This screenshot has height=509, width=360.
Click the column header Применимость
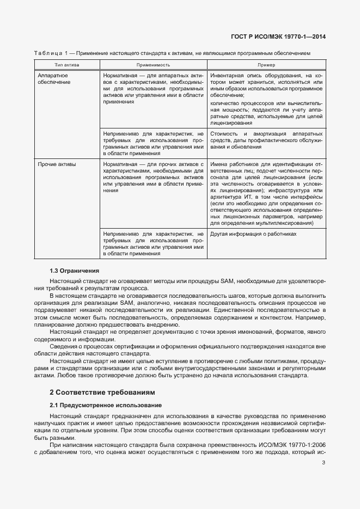[153, 65]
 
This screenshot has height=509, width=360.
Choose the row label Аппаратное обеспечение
[54, 78]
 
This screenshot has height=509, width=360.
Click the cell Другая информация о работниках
[254, 234]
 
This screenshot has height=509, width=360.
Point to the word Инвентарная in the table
[228, 75]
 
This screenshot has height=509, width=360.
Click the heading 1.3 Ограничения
[75, 271]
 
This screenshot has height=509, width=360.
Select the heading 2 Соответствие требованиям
[102, 392]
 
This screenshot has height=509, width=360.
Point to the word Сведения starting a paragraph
[63, 346]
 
